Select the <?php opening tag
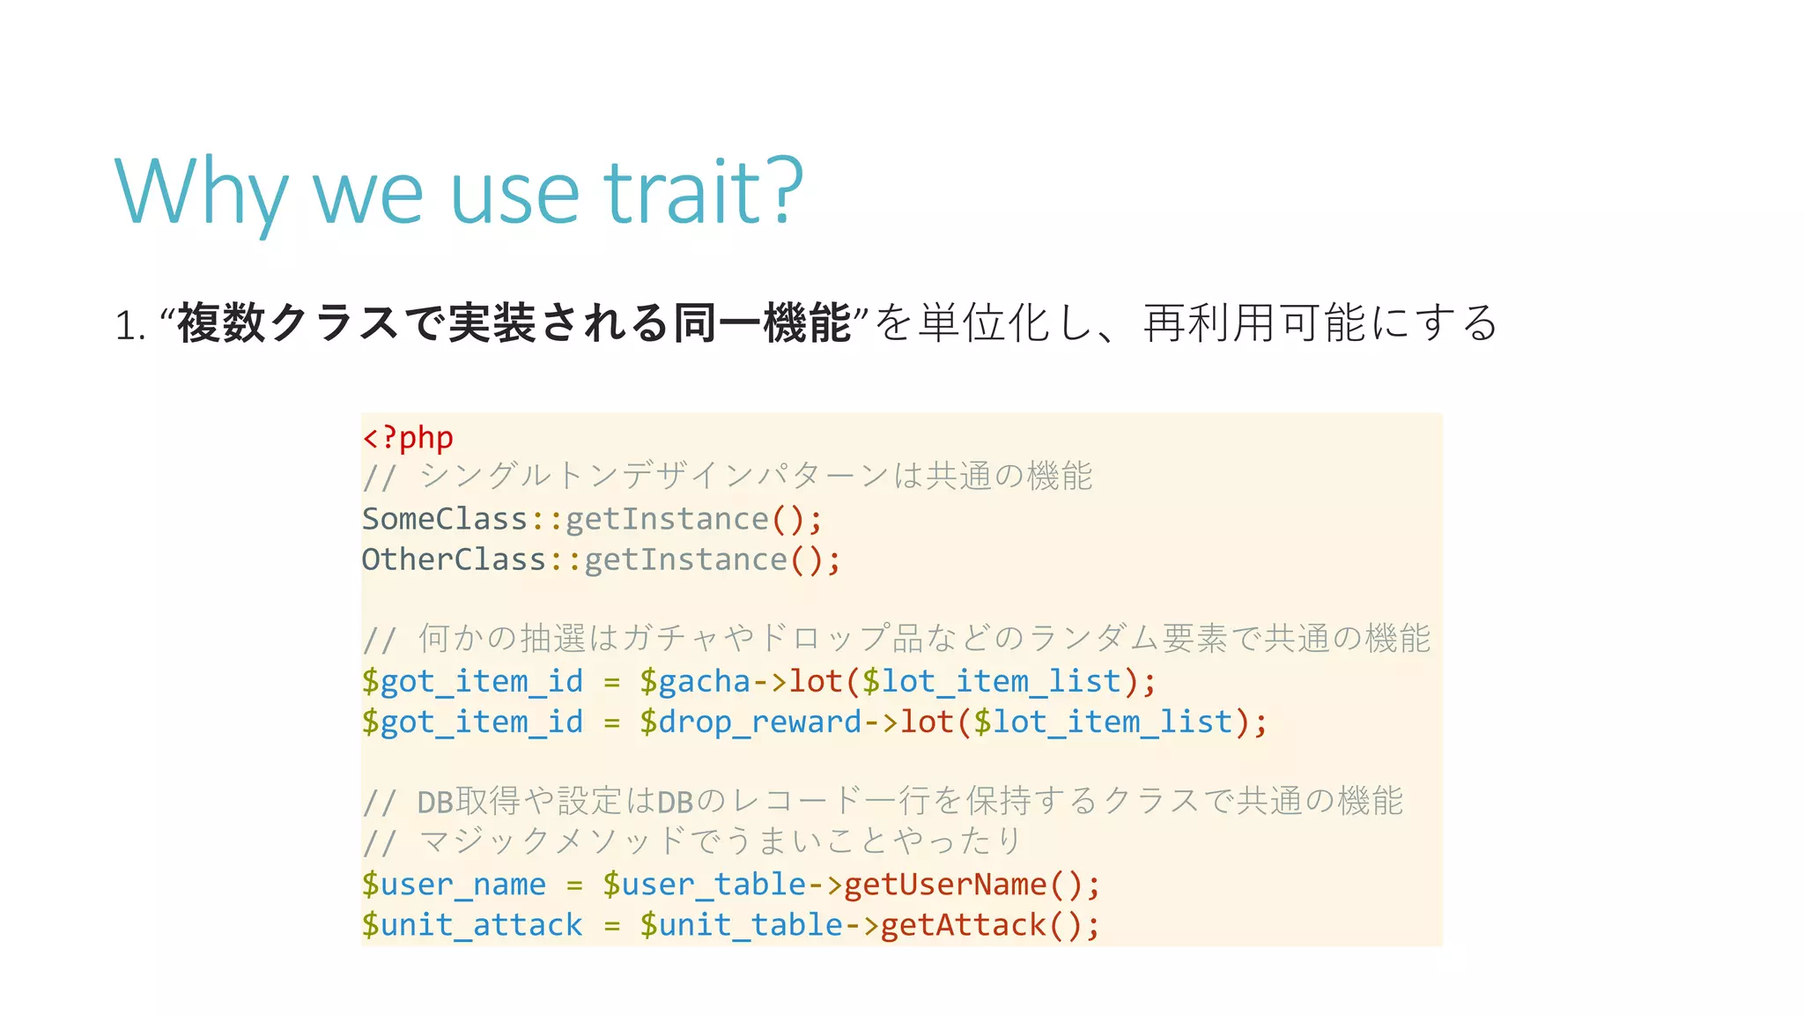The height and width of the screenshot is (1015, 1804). tap(408, 437)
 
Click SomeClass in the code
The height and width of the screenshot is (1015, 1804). tap(445, 519)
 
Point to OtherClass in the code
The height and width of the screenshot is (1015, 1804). tap(455, 559)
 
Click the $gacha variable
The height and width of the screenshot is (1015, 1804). tap(695, 681)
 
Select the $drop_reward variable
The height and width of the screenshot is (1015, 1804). tap(750, 722)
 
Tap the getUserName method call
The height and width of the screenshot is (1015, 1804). tap(945, 884)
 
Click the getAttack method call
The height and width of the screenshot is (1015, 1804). tap(963, 924)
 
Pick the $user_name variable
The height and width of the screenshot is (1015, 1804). tap(454, 884)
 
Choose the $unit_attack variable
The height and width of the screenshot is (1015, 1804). tap(472, 924)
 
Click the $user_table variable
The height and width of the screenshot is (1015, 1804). tap(704, 884)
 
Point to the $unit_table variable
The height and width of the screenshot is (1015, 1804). tap(741, 924)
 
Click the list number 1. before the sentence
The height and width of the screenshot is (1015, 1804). tap(129, 325)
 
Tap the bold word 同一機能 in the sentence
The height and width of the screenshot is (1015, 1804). tap(762, 322)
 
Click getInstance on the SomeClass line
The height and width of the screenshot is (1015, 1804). tap(667, 519)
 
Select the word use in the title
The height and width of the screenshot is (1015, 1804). tap(515, 193)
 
